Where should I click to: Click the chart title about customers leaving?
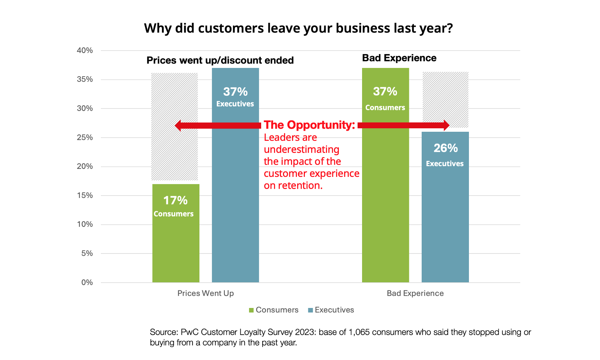click(298, 28)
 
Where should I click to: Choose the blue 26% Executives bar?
click(445, 215)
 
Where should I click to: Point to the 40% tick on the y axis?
click(85, 51)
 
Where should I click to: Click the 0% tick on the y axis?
click(87, 282)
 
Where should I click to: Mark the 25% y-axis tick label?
click(85, 137)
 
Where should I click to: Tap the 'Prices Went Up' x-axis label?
click(206, 293)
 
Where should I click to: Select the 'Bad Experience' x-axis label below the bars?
click(415, 293)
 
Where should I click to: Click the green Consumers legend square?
click(251, 310)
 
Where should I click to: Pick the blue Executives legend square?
click(310, 310)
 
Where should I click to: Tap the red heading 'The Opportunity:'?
click(309, 125)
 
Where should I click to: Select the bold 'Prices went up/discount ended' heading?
click(220, 60)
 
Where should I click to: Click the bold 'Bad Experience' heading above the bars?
click(399, 58)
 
